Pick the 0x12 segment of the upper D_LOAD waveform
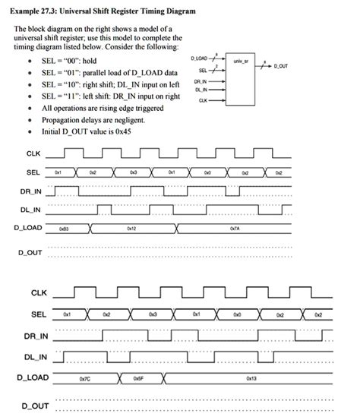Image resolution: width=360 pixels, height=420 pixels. pyautogui.click(x=131, y=227)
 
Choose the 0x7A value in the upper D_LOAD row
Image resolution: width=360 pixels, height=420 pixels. pyautogui.click(x=233, y=227)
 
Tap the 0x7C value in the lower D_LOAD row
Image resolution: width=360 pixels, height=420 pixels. pyautogui.click(x=84, y=377)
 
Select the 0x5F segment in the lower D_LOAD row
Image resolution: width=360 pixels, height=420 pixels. pyautogui.click(x=137, y=377)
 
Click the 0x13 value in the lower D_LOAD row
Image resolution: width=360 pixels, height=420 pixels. pyautogui.click(x=251, y=377)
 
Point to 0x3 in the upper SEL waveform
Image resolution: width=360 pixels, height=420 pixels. pyautogui.click(x=134, y=172)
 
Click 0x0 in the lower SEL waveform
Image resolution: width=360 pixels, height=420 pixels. pyautogui.click(x=238, y=314)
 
